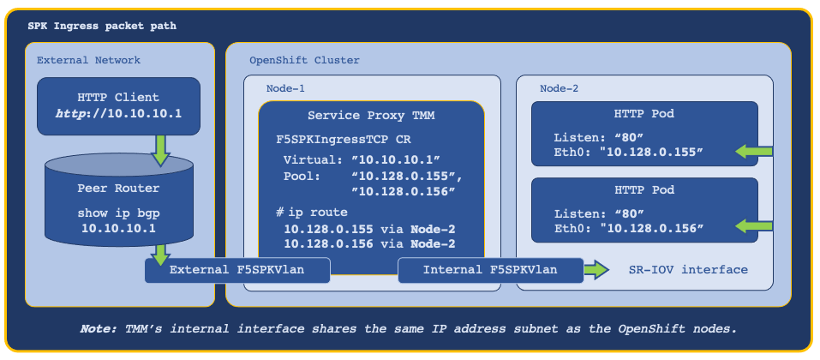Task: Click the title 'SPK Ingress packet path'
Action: (x=102, y=26)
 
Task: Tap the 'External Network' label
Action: (x=88, y=60)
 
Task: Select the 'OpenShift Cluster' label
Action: (x=304, y=60)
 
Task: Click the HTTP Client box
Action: (x=119, y=106)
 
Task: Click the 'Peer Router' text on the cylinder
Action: (x=119, y=189)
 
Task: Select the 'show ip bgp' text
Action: (x=119, y=213)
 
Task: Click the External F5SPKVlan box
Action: (x=237, y=270)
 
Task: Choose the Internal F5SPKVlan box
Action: (x=490, y=270)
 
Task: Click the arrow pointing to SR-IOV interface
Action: (x=596, y=270)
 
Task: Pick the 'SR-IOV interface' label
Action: (x=688, y=270)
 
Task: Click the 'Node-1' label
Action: (x=285, y=88)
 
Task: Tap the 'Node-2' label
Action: (x=559, y=88)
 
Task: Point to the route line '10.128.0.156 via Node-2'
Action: (x=369, y=243)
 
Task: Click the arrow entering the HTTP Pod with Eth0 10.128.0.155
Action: (x=754, y=152)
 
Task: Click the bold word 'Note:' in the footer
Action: (x=99, y=329)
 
